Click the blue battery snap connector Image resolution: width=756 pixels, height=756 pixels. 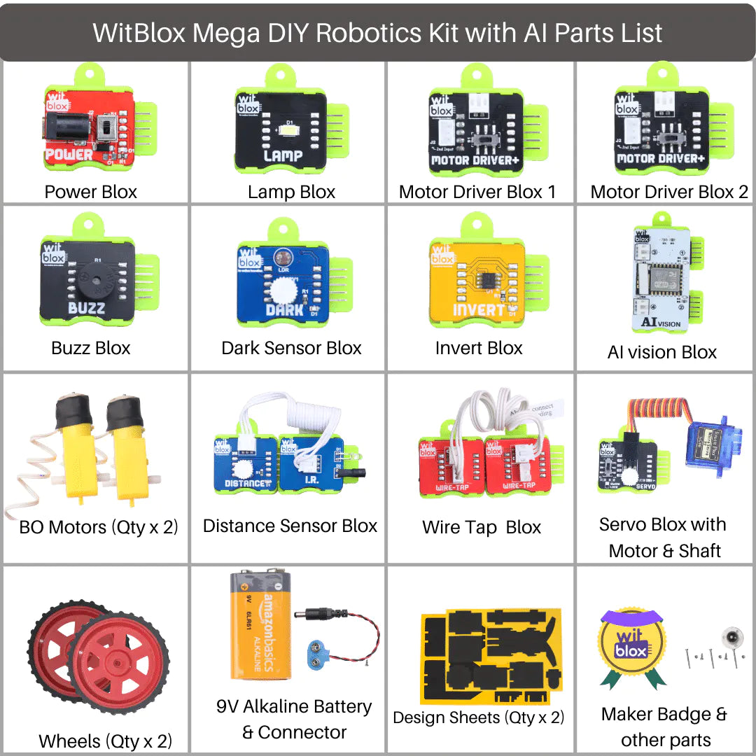click(x=320, y=651)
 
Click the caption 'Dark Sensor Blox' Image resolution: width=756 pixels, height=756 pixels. click(x=291, y=348)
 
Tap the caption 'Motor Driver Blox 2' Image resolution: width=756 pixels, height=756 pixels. click(x=669, y=192)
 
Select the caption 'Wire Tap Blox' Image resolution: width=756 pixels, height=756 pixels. click(x=482, y=527)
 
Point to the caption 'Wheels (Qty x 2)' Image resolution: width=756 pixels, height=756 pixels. click(x=105, y=741)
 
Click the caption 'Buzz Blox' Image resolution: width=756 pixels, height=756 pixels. click(x=91, y=348)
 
